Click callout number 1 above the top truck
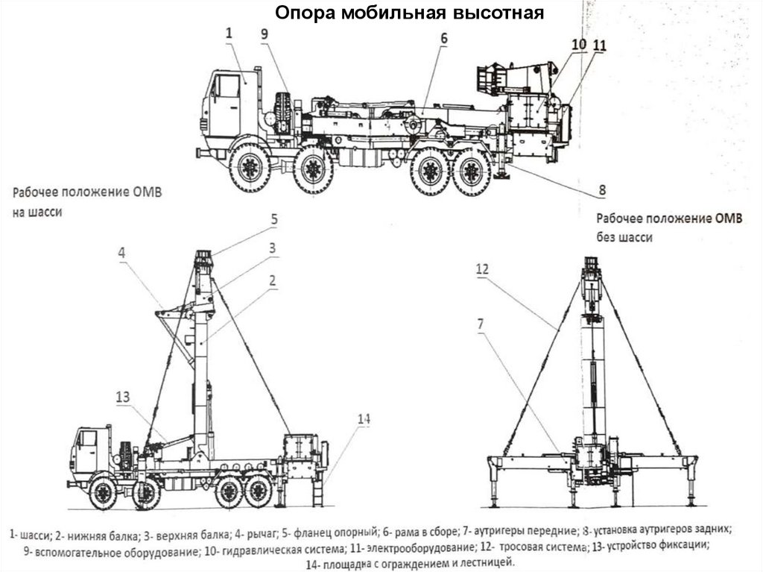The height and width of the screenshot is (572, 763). coord(229,32)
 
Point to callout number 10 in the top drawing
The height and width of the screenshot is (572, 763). coord(579,45)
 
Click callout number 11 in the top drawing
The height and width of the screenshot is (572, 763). coord(600,45)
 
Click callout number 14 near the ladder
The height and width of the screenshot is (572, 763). coord(362,420)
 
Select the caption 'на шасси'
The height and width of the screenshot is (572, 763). coord(37,211)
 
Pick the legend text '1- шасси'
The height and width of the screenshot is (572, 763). coord(31,535)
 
